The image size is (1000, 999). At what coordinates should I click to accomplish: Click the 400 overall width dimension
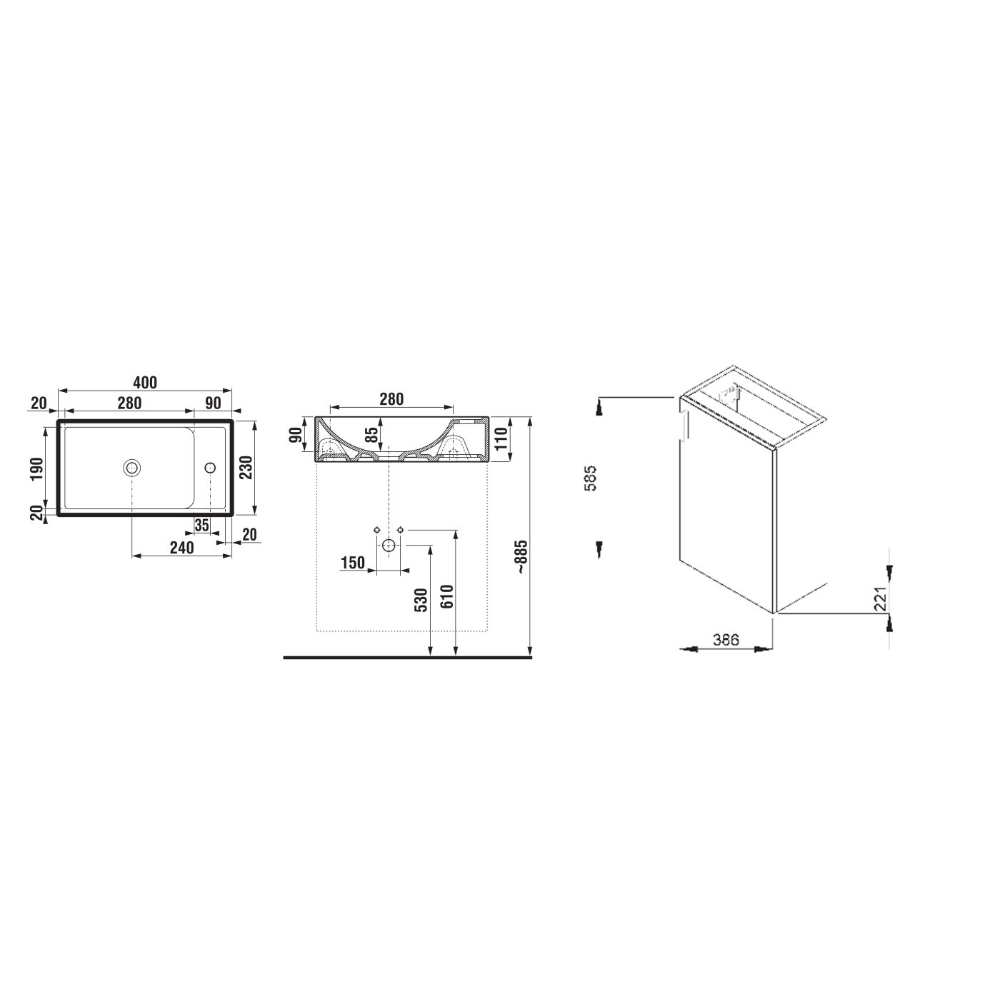click(x=145, y=383)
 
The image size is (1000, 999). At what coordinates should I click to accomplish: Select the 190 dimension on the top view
click(x=37, y=468)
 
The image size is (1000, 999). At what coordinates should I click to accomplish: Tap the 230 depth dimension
click(x=246, y=468)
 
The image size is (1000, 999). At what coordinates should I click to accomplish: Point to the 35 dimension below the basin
click(x=201, y=525)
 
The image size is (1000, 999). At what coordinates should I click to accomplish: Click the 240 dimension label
click(x=181, y=548)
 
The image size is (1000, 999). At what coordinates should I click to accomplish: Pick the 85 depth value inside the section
click(x=371, y=434)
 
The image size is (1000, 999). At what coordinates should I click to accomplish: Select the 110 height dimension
click(x=501, y=439)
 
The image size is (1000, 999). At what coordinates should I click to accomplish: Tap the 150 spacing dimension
click(x=353, y=563)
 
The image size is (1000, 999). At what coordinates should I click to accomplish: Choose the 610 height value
click(x=447, y=596)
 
